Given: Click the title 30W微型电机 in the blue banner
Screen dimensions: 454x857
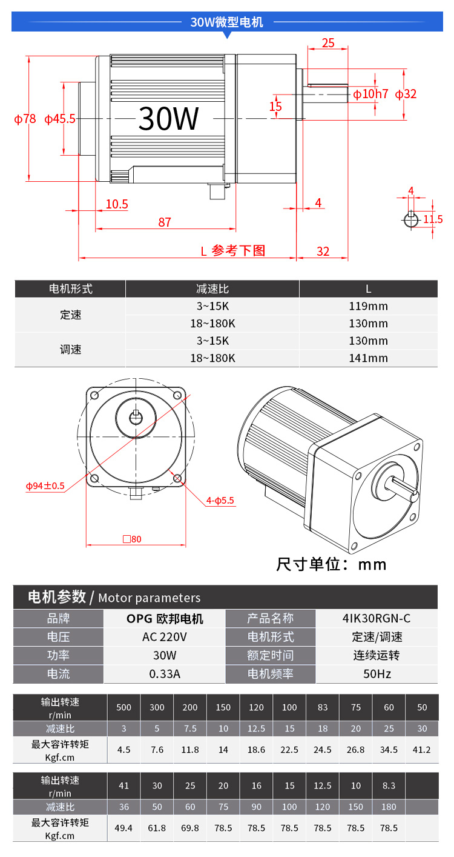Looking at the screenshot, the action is [x=226, y=22].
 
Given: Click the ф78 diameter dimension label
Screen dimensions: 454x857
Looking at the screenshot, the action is [x=25, y=119].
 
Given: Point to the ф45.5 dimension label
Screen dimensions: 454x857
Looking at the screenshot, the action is [x=60, y=119].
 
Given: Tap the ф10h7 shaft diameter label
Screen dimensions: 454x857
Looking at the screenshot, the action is [x=370, y=94].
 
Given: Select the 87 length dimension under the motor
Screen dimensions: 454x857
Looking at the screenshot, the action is [x=165, y=222].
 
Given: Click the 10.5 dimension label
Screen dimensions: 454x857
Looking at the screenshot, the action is [x=117, y=204].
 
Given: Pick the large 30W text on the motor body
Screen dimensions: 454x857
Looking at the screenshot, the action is [x=168, y=118].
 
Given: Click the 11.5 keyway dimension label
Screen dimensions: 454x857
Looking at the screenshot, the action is [x=433, y=219].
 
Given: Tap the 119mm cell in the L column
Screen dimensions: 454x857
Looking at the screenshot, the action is [x=368, y=306].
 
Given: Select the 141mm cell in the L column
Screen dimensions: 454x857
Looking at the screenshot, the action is [x=368, y=358].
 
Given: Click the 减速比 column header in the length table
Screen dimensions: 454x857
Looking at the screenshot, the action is [x=212, y=289].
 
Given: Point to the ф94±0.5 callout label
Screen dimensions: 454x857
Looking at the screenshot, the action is [x=45, y=486].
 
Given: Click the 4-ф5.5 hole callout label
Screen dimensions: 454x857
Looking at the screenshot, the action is [x=220, y=501].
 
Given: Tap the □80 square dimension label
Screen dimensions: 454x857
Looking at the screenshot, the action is [x=132, y=539].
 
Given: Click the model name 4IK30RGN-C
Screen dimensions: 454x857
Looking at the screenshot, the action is [x=377, y=618].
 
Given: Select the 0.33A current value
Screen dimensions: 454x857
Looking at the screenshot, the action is [x=164, y=674].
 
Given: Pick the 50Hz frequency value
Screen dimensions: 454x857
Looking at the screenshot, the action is [x=377, y=674].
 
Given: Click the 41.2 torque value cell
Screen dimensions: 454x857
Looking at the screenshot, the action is [x=421, y=750].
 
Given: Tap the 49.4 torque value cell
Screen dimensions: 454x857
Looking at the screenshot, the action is [x=123, y=828].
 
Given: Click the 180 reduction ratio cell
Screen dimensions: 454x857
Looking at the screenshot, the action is [x=389, y=807].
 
